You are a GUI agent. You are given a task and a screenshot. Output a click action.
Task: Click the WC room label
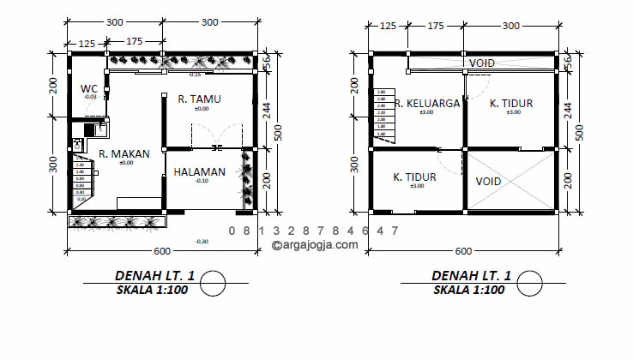tap(89, 88)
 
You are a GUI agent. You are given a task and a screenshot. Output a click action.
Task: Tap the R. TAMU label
tap(199, 99)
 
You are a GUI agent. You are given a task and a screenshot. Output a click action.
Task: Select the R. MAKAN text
tap(124, 154)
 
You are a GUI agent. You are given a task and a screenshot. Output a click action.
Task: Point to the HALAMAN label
tap(199, 171)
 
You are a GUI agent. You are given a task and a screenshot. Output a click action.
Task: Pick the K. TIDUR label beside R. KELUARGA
tap(511, 103)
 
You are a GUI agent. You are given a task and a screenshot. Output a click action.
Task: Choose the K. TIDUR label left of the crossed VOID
tap(415, 177)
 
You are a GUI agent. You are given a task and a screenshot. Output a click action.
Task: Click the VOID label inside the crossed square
tap(488, 182)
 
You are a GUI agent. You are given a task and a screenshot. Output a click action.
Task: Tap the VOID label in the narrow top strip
tap(481, 63)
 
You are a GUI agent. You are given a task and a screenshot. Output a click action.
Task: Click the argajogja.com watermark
tap(315, 244)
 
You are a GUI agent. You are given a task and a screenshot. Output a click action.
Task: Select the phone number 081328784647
tap(314, 231)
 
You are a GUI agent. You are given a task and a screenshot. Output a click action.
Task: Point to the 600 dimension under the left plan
tap(162, 251)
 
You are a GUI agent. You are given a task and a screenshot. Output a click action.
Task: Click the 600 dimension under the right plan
tap(463, 251)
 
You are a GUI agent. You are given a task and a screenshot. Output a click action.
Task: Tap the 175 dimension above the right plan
tap(436, 27)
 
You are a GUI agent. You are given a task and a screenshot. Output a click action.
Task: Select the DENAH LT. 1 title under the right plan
tap(471, 275)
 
